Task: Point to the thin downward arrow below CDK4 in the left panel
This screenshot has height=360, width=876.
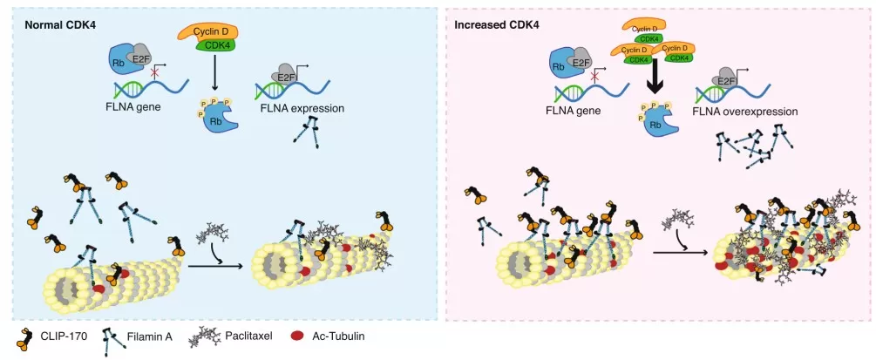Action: pyautogui.click(x=214, y=78)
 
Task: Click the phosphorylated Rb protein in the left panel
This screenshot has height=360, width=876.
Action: pyautogui.click(x=215, y=119)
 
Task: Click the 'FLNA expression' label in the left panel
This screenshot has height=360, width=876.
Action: pyautogui.click(x=302, y=109)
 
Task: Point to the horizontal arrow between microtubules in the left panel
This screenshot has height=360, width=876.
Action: pyautogui.click(x=216, y=255)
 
